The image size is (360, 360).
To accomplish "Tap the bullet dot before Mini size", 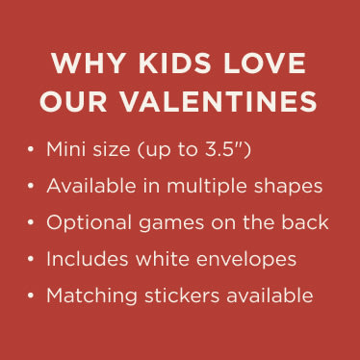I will (32, 151).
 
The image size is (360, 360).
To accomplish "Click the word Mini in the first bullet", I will (65, 150).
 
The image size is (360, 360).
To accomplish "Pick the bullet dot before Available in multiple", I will (32, 187).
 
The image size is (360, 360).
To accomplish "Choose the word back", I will (307, 222).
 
